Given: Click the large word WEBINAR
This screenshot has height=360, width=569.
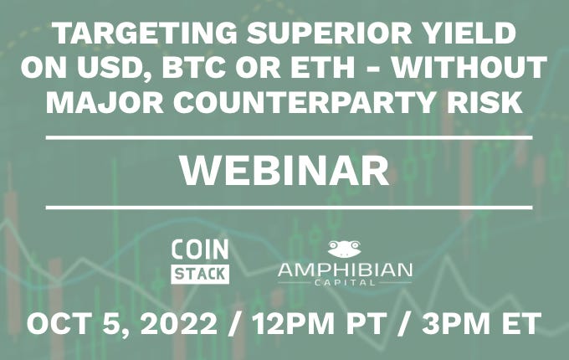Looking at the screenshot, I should [285, 171].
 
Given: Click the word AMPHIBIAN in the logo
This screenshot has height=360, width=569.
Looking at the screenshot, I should [344, 270].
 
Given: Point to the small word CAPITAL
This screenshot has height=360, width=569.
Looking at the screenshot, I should [344, 285].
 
